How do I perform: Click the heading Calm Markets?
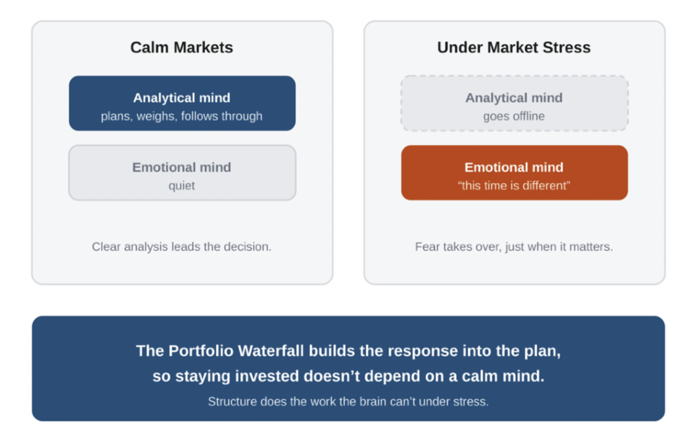click(182, 48)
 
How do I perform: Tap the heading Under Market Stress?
click(514, 48)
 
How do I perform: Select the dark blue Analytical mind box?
click(182, 103)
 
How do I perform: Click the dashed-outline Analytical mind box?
click(514, 103)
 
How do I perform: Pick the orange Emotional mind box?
click(514, 172)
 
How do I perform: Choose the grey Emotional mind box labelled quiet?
click(182, 172)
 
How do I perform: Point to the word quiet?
click(182, 186)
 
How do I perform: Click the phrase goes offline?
click(514, 116)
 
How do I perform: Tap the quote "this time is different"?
click(514, 186)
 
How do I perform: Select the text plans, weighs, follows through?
click(182, 116)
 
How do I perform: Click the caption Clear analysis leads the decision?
click(182, 247)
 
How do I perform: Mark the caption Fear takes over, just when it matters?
click(514, 247)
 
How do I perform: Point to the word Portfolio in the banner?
click(201, 351)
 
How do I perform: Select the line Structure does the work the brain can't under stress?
click(348, 402)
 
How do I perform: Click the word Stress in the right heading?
click(566, 48)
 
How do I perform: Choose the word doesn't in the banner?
click(332, 376)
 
